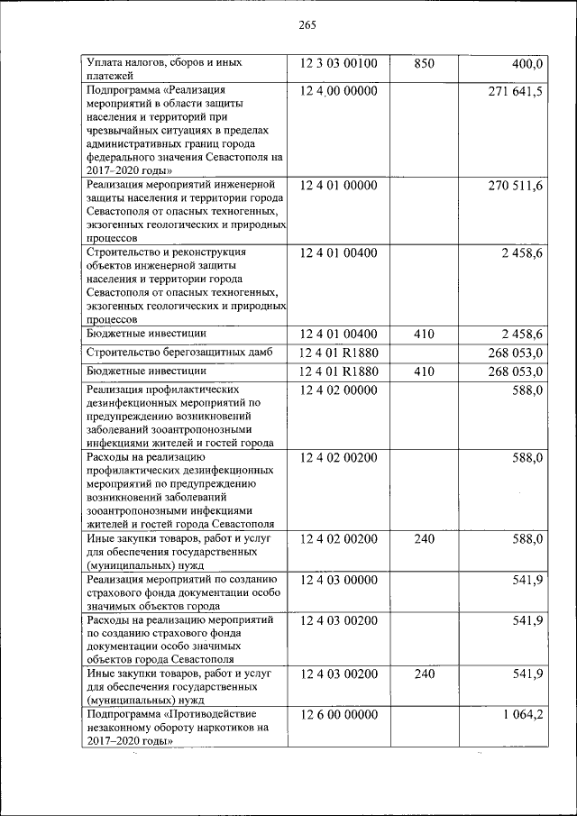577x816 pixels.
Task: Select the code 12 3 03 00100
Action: (338, 64)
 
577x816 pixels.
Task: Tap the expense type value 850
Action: (424, 64)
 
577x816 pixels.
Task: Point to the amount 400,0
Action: (526, 64)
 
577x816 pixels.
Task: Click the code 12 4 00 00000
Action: (338, 92)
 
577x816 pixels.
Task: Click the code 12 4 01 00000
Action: (338, 186)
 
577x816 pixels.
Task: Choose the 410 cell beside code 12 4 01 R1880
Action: (424, 371)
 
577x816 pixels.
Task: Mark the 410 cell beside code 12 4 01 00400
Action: (424, 334)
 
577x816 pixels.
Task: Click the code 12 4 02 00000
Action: (338, 390)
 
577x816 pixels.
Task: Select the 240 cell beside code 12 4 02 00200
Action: (424, 539)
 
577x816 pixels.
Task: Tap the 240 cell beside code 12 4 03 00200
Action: (424, 674)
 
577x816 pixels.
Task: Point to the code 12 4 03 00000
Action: (338, 580)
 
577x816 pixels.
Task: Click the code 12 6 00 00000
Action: (338, 714)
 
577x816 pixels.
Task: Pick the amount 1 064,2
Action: (518, 714)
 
